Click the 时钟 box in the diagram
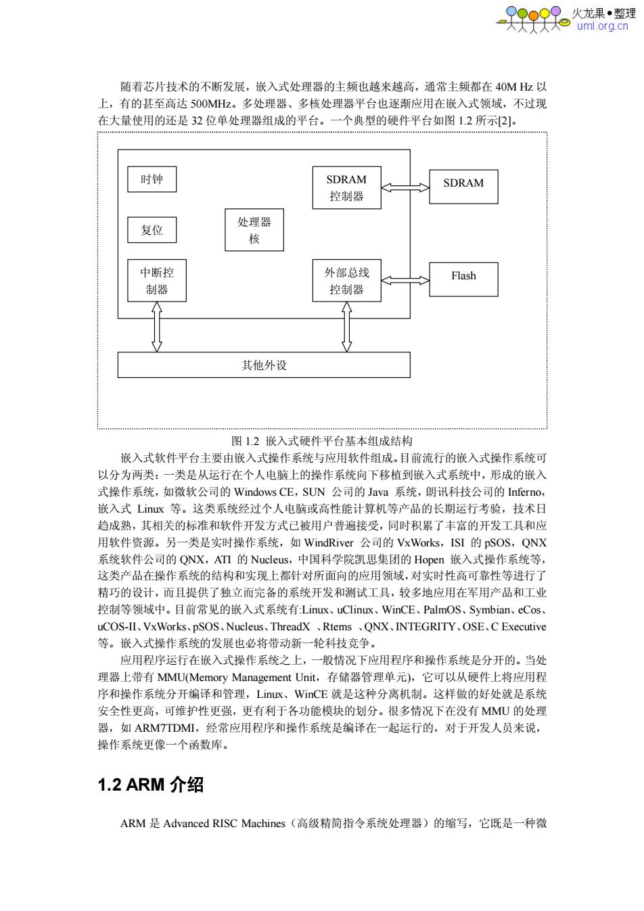coord(152,179)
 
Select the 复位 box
coord(152,230)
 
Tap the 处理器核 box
coord(254,230)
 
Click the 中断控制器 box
coord(157,281)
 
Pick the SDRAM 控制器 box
coord(346,187)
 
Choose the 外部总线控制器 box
coord(346,281)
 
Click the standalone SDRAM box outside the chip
coord(464,187)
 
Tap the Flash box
coord(464,279)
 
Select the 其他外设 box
coord(264,365)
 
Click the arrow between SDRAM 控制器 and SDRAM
coord(405,187)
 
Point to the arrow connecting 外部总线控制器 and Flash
coord(405,281)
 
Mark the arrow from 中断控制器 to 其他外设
coord(157,327)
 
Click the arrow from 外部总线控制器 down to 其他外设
coord(346,327)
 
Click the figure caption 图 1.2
coord(245,441)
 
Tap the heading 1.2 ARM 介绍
coord(151,785)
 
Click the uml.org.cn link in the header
coord(602,26)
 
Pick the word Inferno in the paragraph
coord(525,492)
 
